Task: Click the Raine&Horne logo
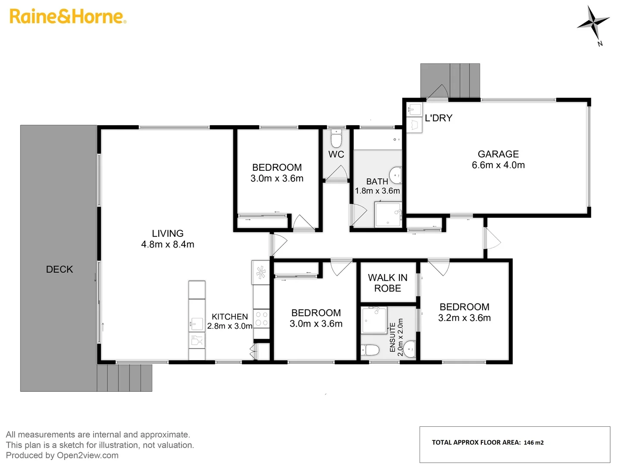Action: tap(68, 16)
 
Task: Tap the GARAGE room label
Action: tap(498, 154)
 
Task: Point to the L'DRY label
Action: tap(438, 118)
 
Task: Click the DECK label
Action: tap(60, 269)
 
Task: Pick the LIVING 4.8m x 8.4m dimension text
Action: tap(168, 245)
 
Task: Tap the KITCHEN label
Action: tap(229, 317)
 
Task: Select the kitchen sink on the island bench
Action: tap(196, 323)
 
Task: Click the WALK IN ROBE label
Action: tap(387, 283)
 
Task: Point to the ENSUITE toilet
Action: tap(370, 349)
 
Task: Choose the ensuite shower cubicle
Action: tap(374, 320)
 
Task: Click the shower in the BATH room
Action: tap(388, 214)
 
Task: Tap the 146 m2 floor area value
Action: tap(533, 443)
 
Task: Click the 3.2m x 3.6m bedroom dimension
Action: tap(464, 318)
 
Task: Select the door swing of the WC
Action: tap(336, 173)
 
